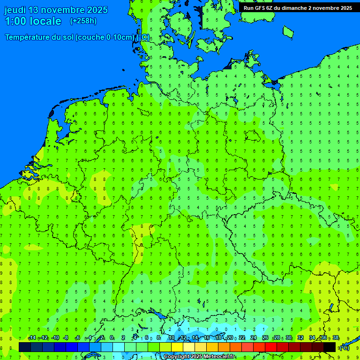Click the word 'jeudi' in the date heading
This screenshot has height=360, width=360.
15,10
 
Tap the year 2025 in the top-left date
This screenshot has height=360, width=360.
96,10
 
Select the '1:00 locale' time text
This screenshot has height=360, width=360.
33,21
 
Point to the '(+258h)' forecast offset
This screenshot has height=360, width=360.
83,21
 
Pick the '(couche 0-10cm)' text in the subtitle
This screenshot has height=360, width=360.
105,37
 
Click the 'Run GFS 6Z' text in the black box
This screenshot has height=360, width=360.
258,8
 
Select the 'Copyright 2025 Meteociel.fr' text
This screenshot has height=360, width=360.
200,357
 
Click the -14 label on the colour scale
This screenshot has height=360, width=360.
31,338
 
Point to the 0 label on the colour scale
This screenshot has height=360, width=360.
112,338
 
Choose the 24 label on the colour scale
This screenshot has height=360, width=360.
254,338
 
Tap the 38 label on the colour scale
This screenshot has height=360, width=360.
336,338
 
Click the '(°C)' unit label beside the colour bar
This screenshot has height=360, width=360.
345,347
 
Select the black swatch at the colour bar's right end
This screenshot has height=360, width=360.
330,347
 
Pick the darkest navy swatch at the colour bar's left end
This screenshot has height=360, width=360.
25,347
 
